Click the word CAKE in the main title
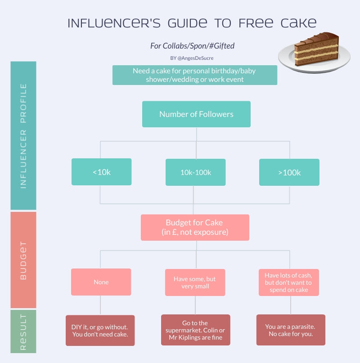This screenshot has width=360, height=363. point(297,23)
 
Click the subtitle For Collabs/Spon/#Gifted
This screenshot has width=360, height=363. point(192,46)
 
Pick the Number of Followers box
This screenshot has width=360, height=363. point(196,114)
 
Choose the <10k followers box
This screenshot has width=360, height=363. point(101,172)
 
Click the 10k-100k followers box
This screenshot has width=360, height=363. point(195,172)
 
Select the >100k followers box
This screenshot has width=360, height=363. point(289,172)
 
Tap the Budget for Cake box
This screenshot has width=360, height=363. point(195,228)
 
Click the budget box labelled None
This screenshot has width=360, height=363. point(101,282)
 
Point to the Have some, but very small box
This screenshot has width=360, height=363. point(195,282)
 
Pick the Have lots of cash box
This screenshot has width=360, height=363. point(289,282)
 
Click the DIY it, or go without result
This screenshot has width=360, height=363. point(100,331)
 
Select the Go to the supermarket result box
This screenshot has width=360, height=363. point(195,330)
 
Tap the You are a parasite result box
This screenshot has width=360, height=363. point(291,330)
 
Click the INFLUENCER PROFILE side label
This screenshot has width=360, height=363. point(23,135)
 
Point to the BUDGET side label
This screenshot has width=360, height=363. point(23,260)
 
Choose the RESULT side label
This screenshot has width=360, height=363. point(23,332)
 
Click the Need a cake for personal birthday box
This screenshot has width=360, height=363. point(195,75)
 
